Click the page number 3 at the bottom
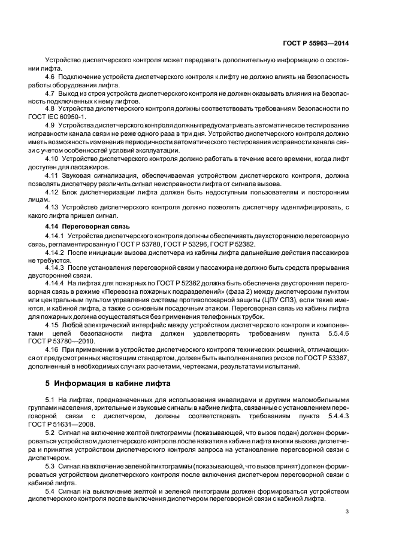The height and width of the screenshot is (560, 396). point(347,512)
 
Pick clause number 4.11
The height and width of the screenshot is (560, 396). point(52,176)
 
